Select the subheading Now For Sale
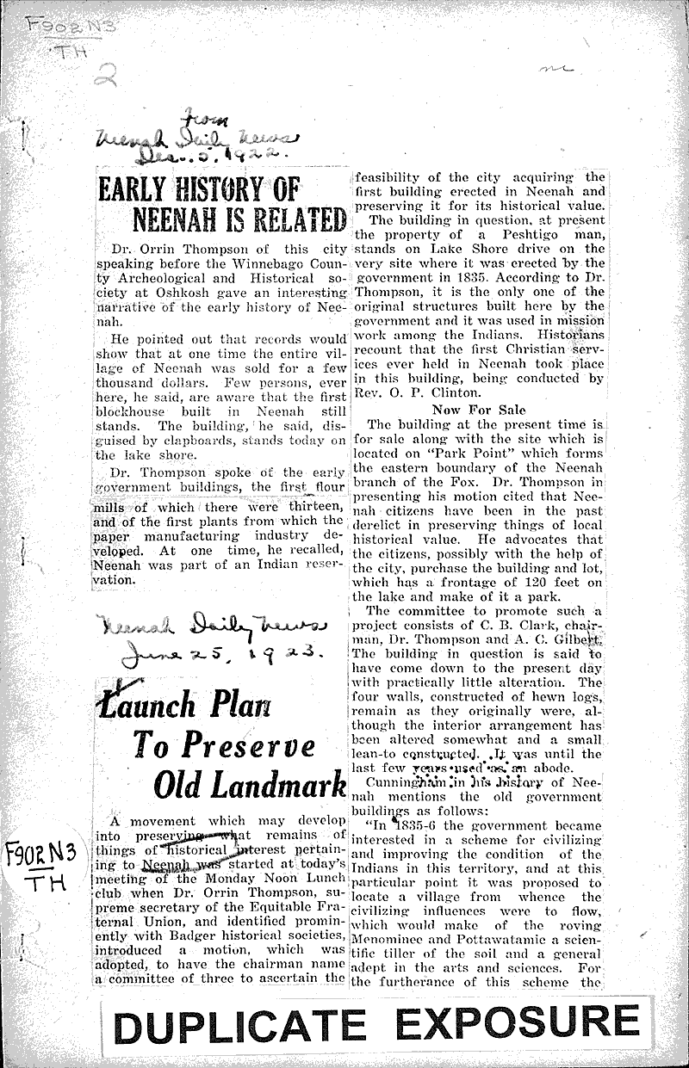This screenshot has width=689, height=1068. (x=479, y=410)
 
